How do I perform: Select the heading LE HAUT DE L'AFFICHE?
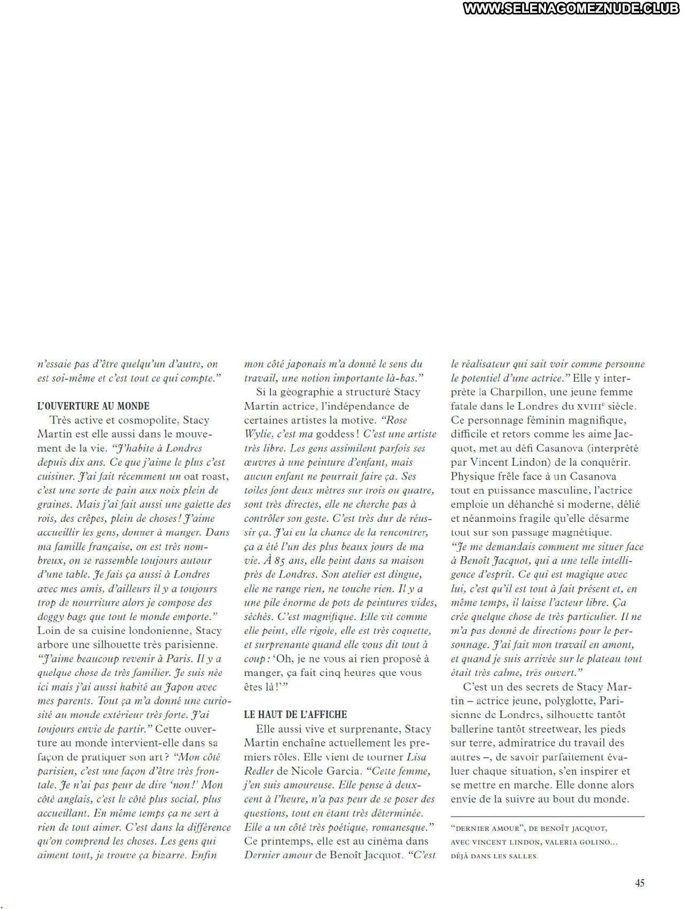pyautogui.click(x=296, y=714)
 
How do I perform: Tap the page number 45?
pyautogui.click(x=640, y=883)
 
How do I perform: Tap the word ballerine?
pyautogui.click(x=473, y=729)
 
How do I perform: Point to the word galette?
pyautogui.click(x=195, y=504)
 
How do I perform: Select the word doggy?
pyautogui.click(x=51, y=617)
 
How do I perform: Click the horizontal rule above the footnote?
pyautogui.click(x=548, y=816)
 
